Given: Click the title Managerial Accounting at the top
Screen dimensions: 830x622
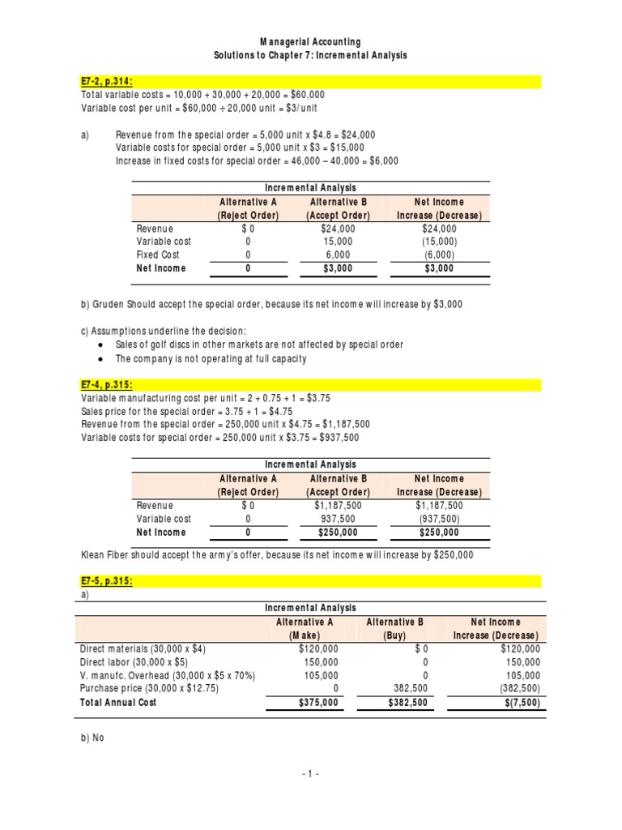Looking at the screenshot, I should point(310,41).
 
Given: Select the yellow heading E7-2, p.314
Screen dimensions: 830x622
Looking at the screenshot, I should point(108,81).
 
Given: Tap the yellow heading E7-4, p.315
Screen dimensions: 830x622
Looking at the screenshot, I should point(108,385).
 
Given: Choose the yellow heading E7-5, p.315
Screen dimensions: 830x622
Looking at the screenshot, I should point(108,581).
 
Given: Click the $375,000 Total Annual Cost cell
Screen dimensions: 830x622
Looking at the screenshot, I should point(318,703).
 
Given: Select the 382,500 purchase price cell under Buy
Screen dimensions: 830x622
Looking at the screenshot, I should point(407,688).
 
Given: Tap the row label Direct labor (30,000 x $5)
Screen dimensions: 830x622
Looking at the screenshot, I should point(136,662).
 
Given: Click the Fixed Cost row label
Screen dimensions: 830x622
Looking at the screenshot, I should point(158,255).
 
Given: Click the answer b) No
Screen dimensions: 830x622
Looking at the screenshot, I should point(92,738).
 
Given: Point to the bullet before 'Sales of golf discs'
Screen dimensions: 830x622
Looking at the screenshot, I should point(99,344).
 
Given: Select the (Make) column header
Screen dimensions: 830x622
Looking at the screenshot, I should point(305,635).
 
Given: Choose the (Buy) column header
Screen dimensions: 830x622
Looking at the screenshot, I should point(395,635).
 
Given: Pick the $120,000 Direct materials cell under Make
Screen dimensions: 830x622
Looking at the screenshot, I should point(318,648).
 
